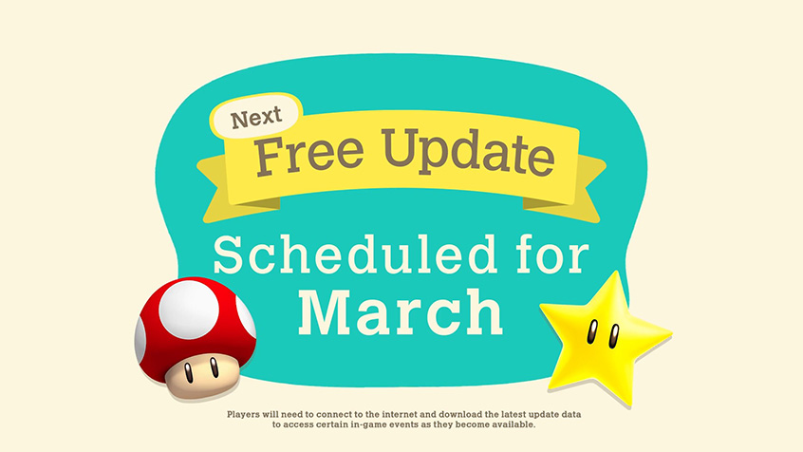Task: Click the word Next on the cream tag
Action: click(x=256, y=118)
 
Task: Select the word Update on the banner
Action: click(x=468, y=151)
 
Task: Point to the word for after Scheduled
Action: click(x=552, y=254)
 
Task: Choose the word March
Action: click(x=401, y=312)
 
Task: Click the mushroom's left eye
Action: click(x=189, y=372)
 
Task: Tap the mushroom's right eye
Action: click(x=215, y=367)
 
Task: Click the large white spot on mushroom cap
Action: click(x=189, y=309)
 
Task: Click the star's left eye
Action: click(x=592, y=331)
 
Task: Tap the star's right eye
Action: click(x=613, y=336)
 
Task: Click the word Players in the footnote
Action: click(x=244, y=414)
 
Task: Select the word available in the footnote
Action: click(x=514, y=424)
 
